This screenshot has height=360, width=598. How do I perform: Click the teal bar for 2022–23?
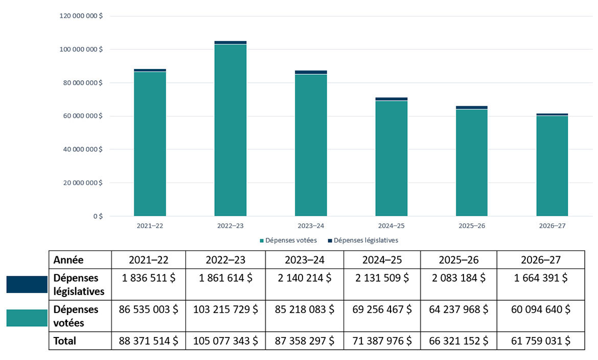coord(231,130)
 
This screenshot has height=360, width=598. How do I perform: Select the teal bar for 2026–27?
coord(552,166)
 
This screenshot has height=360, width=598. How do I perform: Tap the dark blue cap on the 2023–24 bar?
coord(311,72)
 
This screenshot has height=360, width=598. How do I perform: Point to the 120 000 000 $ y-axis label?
coord(81,16)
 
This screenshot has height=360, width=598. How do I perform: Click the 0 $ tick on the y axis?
coord(97,216)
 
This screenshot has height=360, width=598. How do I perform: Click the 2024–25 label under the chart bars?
coord(391,226)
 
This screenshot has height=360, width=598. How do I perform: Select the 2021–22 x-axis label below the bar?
coord(150,226)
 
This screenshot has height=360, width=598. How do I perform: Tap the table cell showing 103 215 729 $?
coord(225,309)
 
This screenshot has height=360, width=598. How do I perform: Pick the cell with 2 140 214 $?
coord(305,279)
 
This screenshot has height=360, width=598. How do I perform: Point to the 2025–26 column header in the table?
coord(458,260)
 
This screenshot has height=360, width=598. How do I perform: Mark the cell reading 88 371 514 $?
coord(149,341)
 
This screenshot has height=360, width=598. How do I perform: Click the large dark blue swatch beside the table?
coord(27,284)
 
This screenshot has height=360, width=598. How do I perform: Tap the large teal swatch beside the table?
coord(27,318)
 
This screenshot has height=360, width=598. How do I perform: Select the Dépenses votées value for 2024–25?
coord(382,309)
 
